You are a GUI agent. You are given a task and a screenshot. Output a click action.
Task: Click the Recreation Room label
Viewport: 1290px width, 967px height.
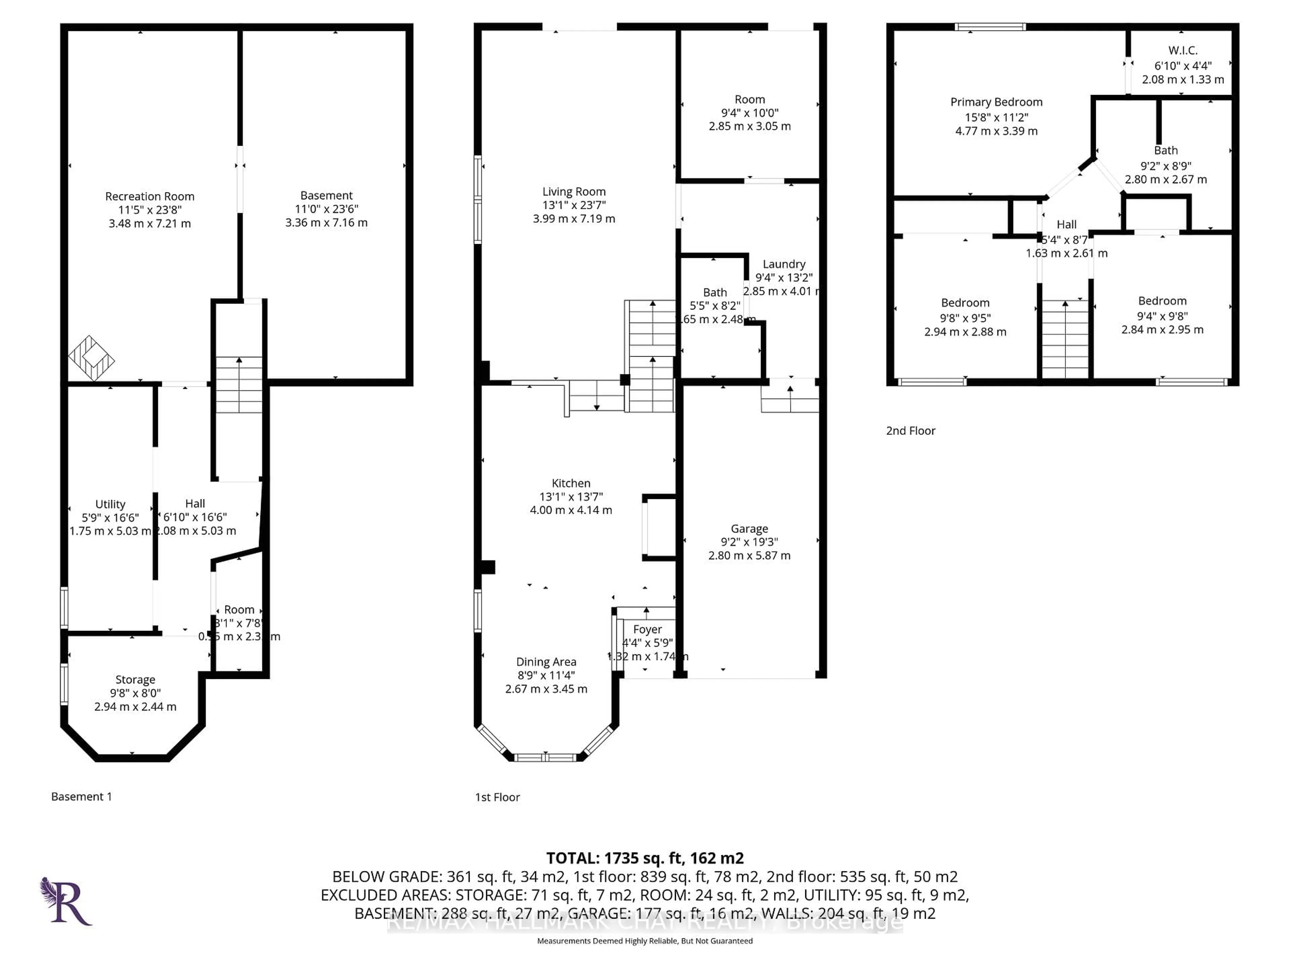(x=149, y=196)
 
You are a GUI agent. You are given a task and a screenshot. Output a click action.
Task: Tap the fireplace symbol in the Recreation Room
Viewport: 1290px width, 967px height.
(x=91, y=359)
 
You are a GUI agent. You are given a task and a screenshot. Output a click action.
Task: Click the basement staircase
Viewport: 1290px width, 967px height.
(x=239, y=385)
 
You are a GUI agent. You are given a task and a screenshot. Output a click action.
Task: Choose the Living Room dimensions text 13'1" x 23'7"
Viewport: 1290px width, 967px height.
(x=574, y=205)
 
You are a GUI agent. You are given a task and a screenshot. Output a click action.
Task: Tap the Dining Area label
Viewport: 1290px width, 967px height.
(x=546, y=661)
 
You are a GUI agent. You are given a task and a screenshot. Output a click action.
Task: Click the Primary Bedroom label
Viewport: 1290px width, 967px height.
(x=996, y=102)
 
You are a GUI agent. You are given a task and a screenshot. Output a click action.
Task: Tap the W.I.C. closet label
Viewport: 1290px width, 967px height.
(x=1183, y=51)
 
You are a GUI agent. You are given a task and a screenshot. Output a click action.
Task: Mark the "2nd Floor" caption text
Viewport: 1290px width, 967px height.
(x=910, y=431)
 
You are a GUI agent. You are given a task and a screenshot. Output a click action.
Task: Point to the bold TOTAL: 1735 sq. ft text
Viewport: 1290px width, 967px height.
(x=644, y=858)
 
